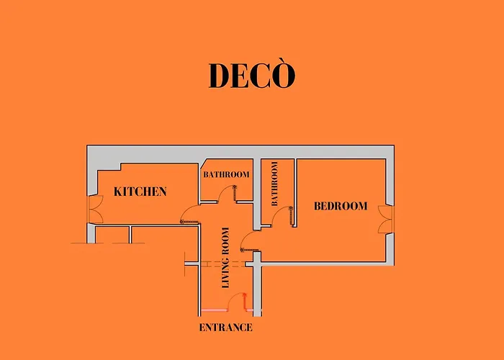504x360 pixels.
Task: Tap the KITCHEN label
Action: click(140, 192)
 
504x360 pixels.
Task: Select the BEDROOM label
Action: click(341, 206)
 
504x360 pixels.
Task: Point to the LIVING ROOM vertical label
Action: click(225, 258)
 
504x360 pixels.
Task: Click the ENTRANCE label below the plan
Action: click(225, 328)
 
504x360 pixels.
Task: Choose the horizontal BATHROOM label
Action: click(226, 174)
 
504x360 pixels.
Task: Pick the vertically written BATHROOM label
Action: click(274, 184)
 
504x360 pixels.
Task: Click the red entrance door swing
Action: click(237, 302)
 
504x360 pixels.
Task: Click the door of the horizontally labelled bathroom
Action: click(226, 194)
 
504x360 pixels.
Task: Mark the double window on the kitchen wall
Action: click(95, 210)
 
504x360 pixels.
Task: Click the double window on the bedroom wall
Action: click(386, 220)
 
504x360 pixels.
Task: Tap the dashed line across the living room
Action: click(224, 264)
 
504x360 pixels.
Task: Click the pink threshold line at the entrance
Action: click(214, 310)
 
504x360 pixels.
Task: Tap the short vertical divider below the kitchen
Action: click(130, 235)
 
